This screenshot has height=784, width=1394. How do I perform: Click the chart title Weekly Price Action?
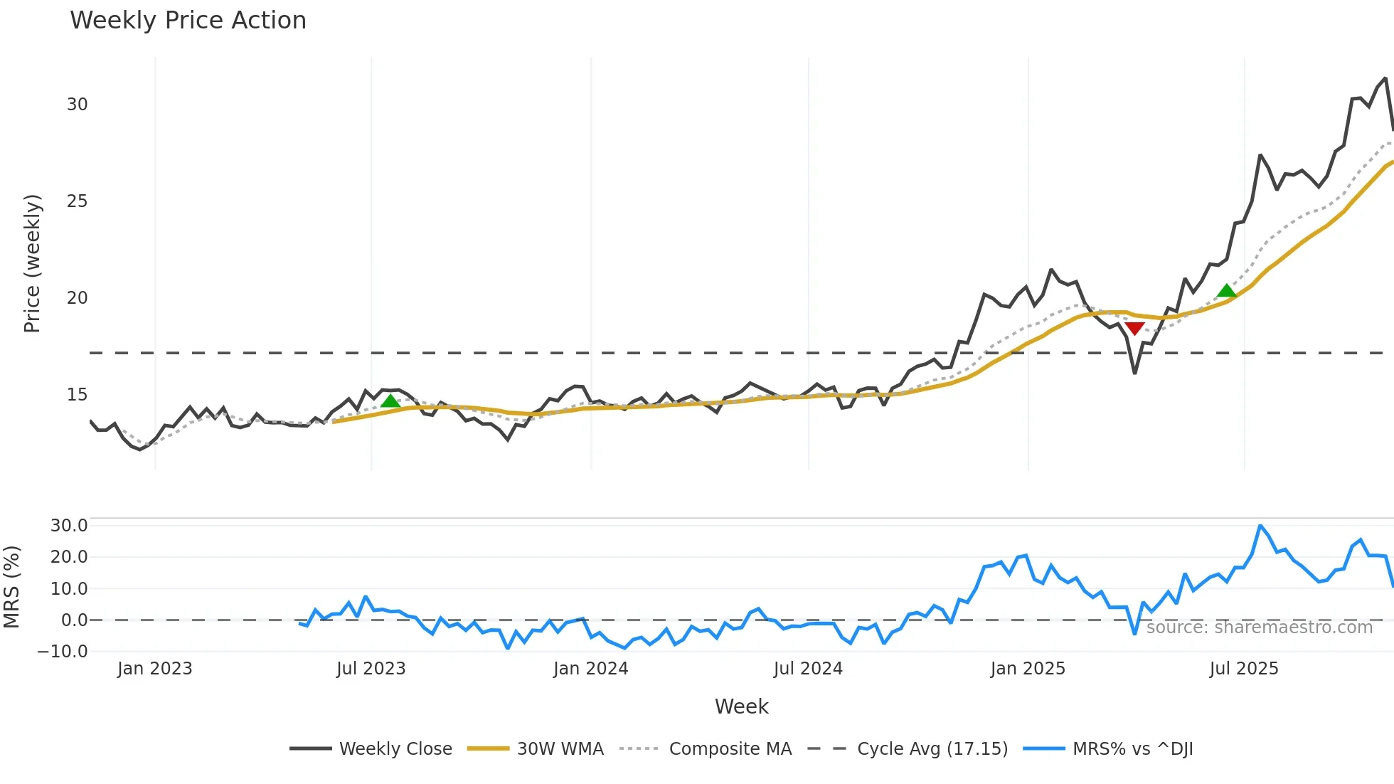[x=188, y=21]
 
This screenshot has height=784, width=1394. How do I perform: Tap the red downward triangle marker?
[x=1134, y=328]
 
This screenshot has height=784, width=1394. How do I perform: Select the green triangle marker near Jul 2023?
[x=390, y=401]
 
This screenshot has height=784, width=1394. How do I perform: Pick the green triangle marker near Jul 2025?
[x=1226, y=290]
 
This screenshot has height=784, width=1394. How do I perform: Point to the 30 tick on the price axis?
[x=77, y=105]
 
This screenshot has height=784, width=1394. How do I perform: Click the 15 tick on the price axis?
[x=77, y=395]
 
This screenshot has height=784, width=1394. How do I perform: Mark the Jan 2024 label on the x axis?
[x=590, y=669]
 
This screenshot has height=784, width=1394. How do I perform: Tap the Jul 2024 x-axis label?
[x=808, y=669]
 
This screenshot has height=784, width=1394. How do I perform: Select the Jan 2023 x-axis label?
[x=154, y=669]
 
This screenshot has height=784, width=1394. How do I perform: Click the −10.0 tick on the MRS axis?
[x=63, y=652]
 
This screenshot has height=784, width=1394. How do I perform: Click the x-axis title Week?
[x=741, y=706]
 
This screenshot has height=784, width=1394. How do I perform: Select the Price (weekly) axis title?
[x=33, y=263]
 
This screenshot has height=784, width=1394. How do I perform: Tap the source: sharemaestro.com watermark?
[x=1259, y=627]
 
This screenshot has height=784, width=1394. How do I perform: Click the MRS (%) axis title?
[x=11, y=587]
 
